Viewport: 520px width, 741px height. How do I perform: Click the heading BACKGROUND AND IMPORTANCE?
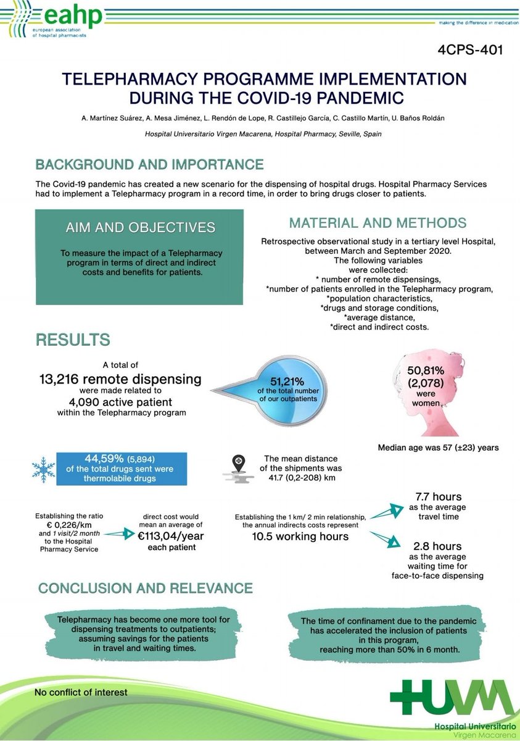[x=149, y=165]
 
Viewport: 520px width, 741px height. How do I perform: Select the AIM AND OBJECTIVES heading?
[x=141, y=227]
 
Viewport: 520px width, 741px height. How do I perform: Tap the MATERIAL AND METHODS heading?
[x=378, y=223]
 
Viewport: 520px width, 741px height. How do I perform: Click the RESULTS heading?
[x=73, y=339]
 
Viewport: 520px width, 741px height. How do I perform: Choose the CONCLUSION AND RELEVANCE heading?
[x=145, y=588]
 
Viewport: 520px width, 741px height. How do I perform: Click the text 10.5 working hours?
[x=300, y=536]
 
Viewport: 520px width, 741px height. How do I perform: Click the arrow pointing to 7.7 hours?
[x=386, y=508]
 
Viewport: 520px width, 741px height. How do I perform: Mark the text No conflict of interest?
[x=81, y=692]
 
